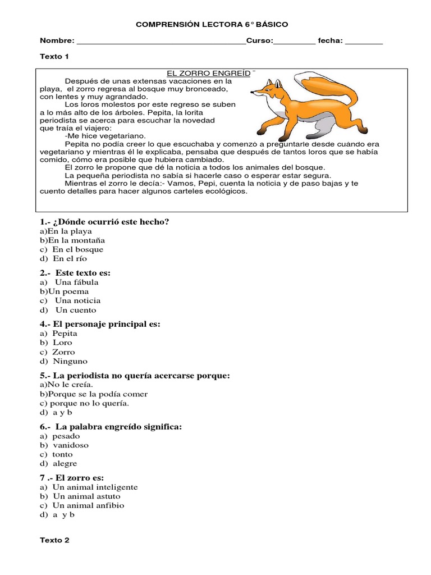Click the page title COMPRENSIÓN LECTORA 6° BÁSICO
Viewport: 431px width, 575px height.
[x=213, y=25]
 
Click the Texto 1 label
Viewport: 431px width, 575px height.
[x=54, y=57]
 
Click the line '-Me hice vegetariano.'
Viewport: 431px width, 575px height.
[x=105, y=136]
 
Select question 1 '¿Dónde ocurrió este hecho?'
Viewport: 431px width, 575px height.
[x=104, y=222]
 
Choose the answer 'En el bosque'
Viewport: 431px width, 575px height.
[x=77, y=249]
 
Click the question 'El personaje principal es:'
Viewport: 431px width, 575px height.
[x=100, y=324]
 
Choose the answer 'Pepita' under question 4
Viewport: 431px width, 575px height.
[x=65, y=334]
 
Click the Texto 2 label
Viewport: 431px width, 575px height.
[x=54, y=540]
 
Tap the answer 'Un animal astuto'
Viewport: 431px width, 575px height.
[x=86, y=496]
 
